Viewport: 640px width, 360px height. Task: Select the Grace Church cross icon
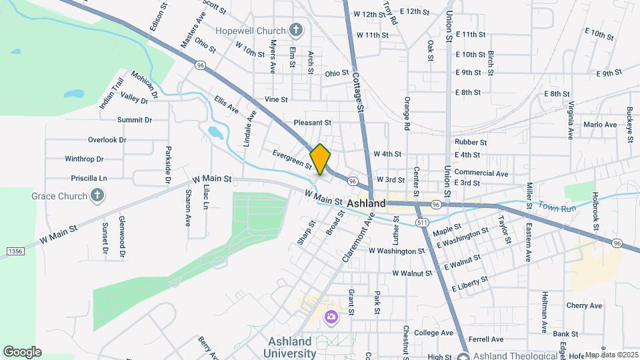click(98, 196)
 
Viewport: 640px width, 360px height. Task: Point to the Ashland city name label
click(366, 203)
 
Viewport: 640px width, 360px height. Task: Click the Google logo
click(22, 351)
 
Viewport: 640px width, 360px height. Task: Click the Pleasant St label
click(313, 123)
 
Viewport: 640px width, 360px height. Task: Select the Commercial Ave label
click(481, 173)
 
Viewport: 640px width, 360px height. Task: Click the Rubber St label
click(471, 142)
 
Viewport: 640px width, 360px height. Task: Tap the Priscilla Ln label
click(89, 178)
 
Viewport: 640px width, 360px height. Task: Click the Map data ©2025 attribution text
click(611, 355)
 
